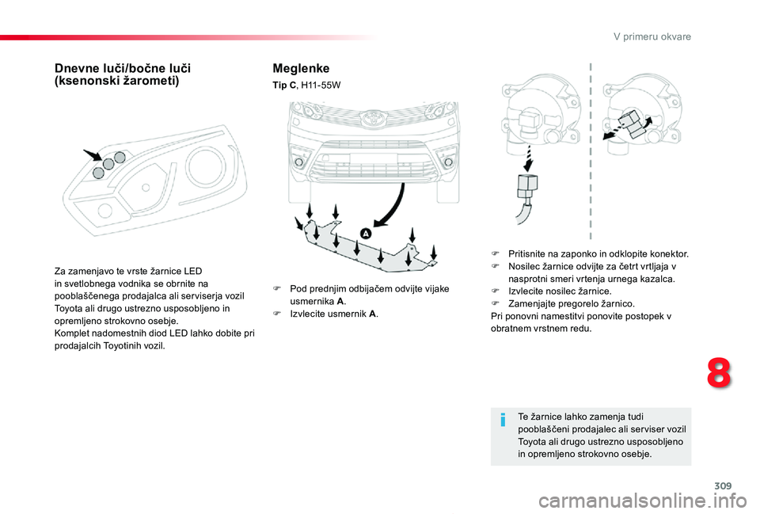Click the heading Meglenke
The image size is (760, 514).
pyautogui.click(x=301, y=69)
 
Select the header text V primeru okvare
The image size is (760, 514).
pyautogui.click(x=653, y=37)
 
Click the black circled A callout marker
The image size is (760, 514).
pyautogui.click(x=366, y=234)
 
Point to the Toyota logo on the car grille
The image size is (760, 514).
pyautogui.click(x=371, y=120)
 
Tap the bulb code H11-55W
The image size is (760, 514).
pyautogui.click(x=321, y=84)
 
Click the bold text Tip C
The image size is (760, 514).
pyautogui.click(x=284, y=84)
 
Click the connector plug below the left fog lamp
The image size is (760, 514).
pyautogui.click(x=523, y=188)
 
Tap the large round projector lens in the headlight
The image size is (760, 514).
pyautogui.click(x=210, y=165)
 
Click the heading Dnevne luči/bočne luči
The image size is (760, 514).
pyautogui.click(x=123, y=69)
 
